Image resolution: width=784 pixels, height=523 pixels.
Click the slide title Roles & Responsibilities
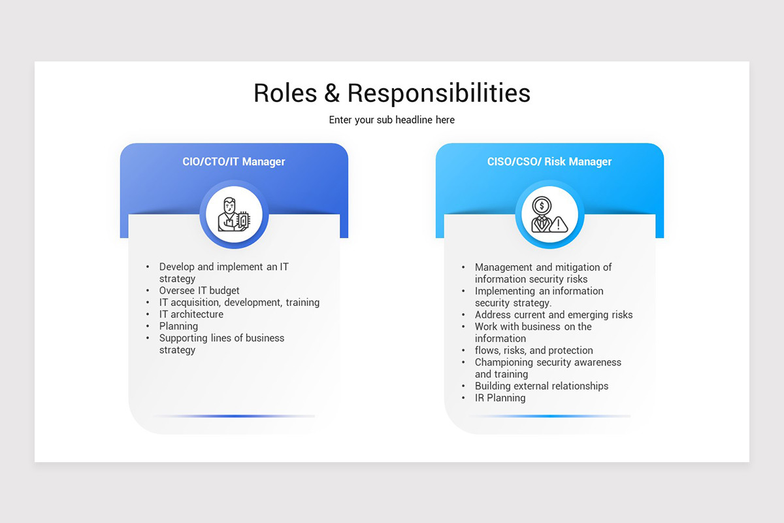(x=391, y=93)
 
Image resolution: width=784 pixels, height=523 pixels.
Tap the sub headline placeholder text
(x=391, y=120)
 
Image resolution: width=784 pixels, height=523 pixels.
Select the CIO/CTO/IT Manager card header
(x=234, y=161)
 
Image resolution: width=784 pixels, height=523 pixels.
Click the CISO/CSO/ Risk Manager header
(x=549, y=161)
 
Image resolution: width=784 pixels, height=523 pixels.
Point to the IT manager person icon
(x=234, y=214)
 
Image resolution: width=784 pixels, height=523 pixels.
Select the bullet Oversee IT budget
(x=199, y=290)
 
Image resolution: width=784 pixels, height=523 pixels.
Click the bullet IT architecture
(x=191, y=314)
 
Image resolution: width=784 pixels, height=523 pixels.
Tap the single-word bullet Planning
(x=178, y=326)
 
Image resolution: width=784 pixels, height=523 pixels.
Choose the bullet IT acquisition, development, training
(x=239, y=303)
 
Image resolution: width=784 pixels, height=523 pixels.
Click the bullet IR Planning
(x=500, y=398)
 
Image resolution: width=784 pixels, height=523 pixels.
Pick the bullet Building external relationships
(x=541, y=386)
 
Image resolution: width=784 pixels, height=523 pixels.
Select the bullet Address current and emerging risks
(x=553, y=315)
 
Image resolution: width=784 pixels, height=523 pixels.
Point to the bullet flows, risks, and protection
(x=534, y=350)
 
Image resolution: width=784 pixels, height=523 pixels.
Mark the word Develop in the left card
(x=177, y=267)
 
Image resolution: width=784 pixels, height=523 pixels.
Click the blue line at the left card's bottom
(x=234, y=416)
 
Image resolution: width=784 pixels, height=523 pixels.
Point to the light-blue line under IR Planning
(x=549, y=416)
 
